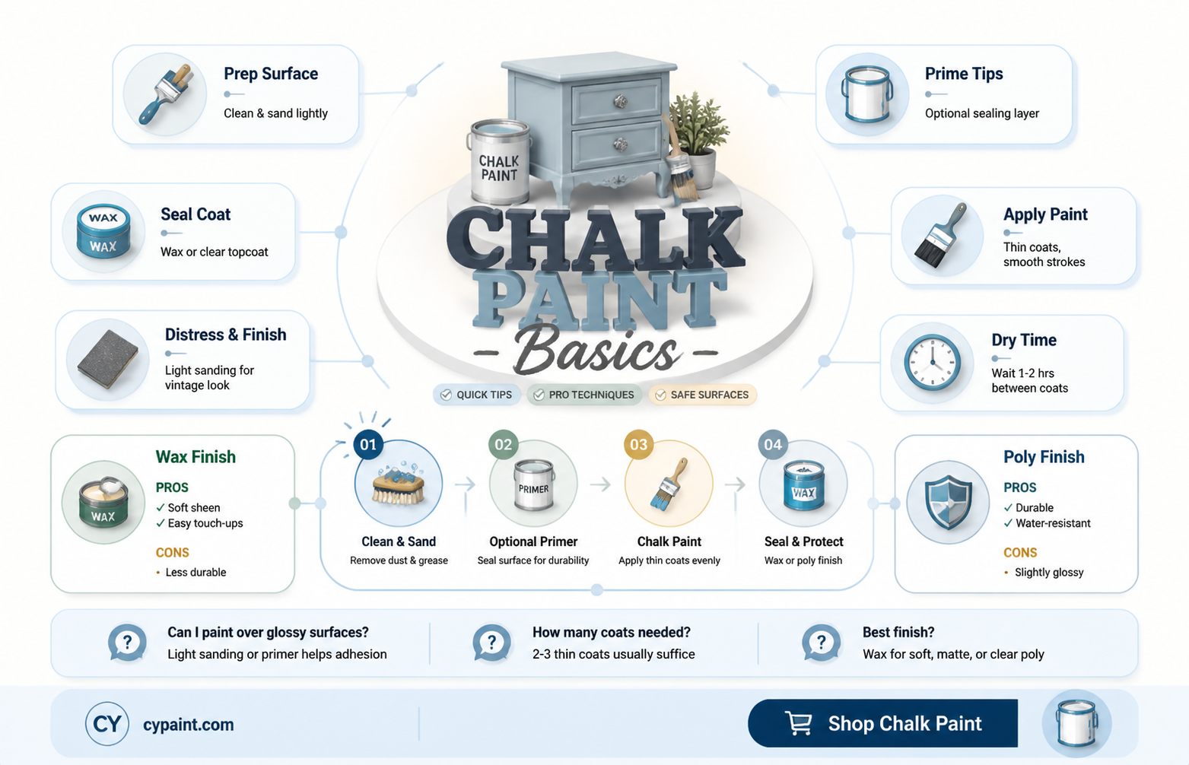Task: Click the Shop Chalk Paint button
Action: click(882, 723)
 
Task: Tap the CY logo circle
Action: click(107, 724)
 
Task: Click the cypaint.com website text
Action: click(189, 724)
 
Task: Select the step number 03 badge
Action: click(638, 445)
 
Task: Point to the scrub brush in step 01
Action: click(399, 484)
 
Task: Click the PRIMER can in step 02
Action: click(533, 485)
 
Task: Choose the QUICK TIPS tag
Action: click(477, 395)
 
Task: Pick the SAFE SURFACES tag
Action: click(702, 395)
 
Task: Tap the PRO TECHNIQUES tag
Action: click(584, 395)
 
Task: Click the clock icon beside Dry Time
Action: click(932, 363)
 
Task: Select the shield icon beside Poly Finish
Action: click(948, 502)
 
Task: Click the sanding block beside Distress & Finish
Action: click(108, 359)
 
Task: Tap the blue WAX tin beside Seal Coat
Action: click(103, 232)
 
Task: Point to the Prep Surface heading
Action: click(271, 74)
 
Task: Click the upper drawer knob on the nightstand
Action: click(621, 101)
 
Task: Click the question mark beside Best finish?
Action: click(821, 643)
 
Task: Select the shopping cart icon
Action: click(798, 723)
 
